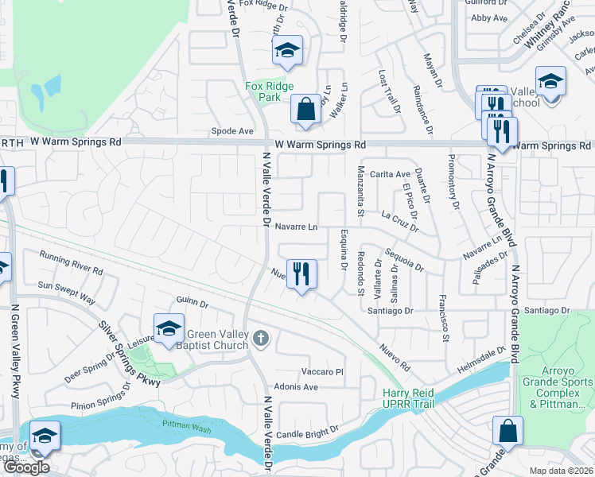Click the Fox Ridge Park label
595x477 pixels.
point(269,91)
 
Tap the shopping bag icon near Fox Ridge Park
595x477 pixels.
point(305,111)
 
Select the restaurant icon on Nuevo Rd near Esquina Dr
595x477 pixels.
point(301,275)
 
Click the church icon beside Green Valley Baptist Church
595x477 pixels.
point(259,340)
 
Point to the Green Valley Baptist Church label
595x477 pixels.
point(217,340)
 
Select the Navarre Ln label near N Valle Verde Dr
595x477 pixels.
point(296,227)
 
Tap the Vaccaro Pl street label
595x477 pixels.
point(321,371)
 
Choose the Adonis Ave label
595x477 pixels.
point(295,387)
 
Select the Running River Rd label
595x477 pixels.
point(72,263)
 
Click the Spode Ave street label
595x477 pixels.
point(232,131)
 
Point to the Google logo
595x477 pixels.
point(26,467)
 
